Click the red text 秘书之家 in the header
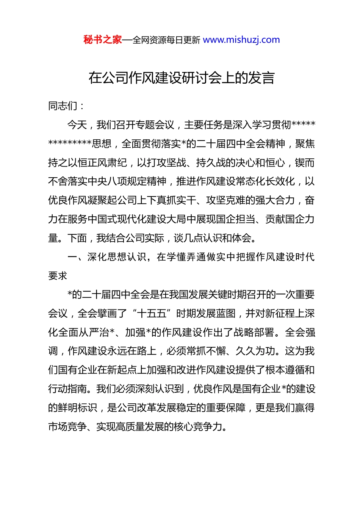tap(103, 40)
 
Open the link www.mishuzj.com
tap(241, 40)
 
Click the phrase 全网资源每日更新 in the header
tap(166, 40)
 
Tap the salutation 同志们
tap(63, 106)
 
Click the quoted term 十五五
tap(152, 314)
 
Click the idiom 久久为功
tap(255, 351)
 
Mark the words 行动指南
tap(67, 389)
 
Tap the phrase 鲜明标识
tap(77, 408)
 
